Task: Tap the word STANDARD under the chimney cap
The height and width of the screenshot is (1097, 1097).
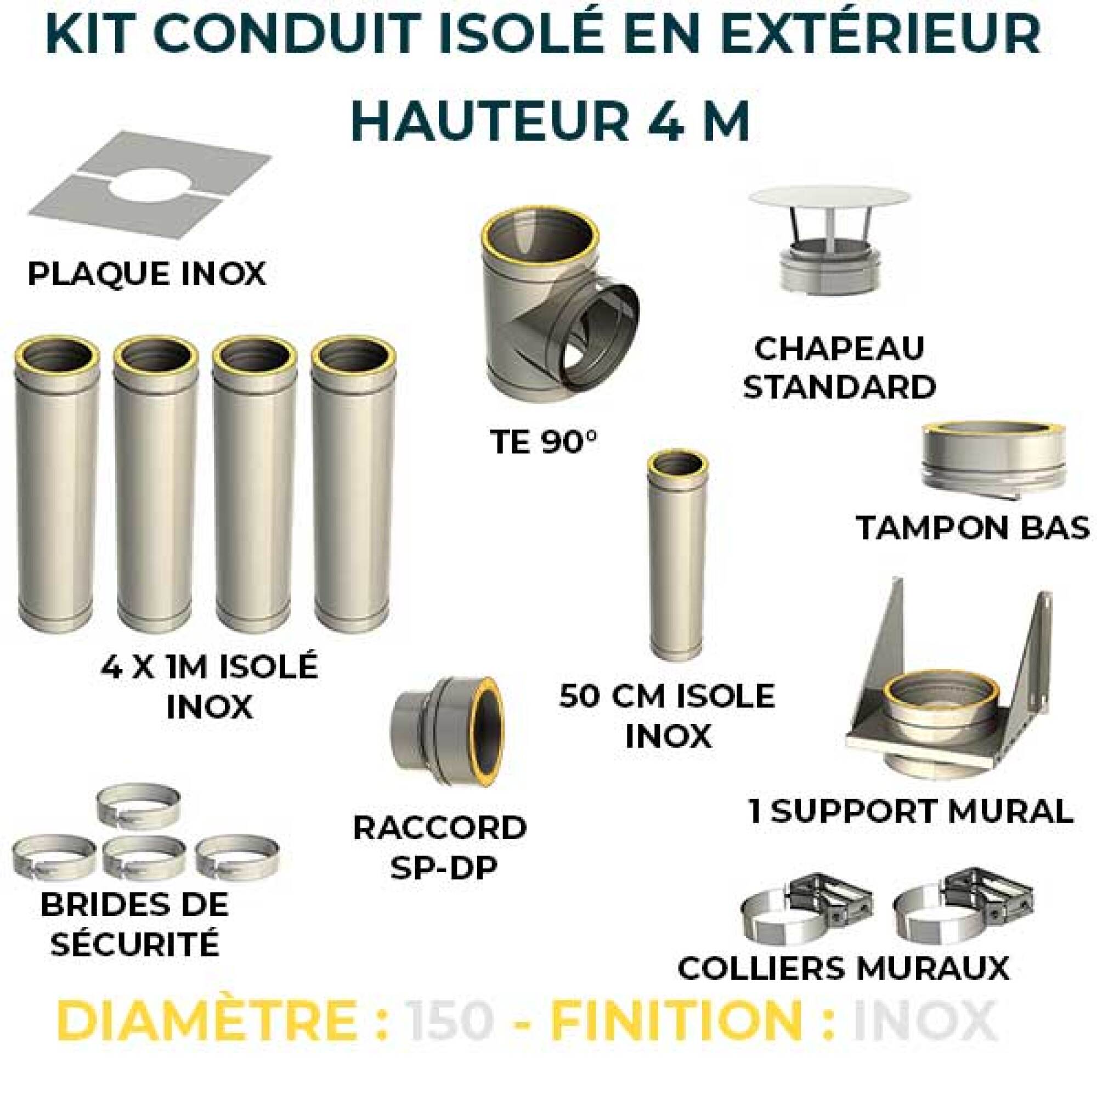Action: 839,388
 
